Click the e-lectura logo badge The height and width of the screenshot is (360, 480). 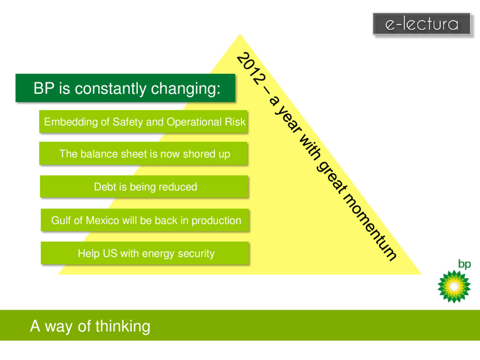421,24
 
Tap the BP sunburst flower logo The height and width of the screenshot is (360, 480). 453,286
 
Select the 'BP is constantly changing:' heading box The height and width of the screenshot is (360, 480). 125,88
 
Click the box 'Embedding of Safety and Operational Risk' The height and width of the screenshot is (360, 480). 143,122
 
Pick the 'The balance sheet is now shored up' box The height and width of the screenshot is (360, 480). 143,154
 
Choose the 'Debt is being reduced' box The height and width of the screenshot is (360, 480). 143,187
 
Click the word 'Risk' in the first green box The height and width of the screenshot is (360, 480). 234,122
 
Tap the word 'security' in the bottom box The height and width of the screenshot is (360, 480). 197,254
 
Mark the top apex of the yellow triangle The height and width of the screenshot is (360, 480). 240,34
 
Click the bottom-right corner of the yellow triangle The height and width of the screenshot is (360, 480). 420,274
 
